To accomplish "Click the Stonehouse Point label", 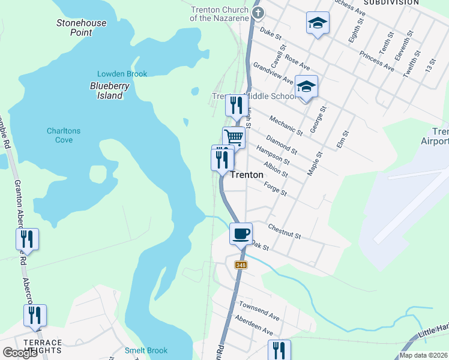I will pyautogui.click(x=82, y=28).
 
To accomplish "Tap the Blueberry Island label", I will pyautogui.click(x=110, y=91).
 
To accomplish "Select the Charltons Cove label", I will pyautogui.click(x=64, y=135).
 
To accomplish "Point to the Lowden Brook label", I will pyautogui.click(x=122, y=74).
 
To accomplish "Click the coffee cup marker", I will pyautogui.click(x=241, y=233).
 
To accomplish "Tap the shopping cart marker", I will pyautogui.click(x=234, y=137).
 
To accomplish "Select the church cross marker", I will pyautogui.click(x=258, y=12).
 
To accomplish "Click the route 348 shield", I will pyautogui.click(x=241, y=265).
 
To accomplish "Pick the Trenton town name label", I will pyautogui.click(x=247, y=175).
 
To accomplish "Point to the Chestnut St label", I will pyautogui.click(x=285, y=232).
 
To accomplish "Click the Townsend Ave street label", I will pyautogui.click(x=259, y=311).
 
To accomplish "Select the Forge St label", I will pyautogui.click(x=276, y=189).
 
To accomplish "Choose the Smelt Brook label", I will pyautogui.click(x=146, y=350).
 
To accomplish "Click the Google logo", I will pyautogui.click(x=20, y=353).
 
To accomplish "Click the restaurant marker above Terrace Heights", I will pyautogui.click(x=35, y=315).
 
